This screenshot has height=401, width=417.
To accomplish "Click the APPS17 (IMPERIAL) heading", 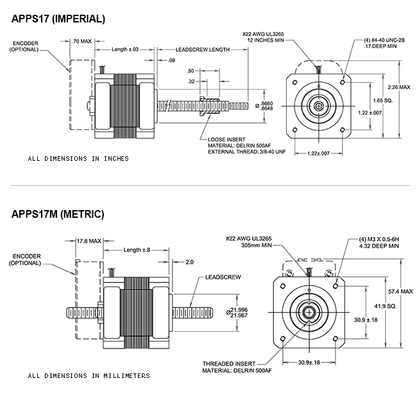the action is point(58,19).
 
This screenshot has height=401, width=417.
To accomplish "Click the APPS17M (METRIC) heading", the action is point(58,214).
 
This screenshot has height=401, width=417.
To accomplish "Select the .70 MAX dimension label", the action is point(81,41).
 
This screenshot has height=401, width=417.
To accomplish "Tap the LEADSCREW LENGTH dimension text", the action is point(202,50).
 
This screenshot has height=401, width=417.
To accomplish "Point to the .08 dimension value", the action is point(171,60).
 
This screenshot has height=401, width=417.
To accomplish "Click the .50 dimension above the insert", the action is point(190,71).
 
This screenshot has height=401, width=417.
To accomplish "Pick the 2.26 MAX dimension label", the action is point(399,87).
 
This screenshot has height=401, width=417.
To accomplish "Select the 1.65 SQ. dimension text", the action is point(383,101).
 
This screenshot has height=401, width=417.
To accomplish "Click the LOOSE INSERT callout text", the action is point(226,140).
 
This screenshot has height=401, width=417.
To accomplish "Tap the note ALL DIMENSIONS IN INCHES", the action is point(78,158).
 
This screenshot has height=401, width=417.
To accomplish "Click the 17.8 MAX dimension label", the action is point(89,241).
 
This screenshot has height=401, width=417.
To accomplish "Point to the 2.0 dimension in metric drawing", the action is point(189,262).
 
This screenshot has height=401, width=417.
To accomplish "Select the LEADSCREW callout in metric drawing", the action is point(223,277).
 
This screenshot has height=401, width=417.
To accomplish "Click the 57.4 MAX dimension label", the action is point(400,291).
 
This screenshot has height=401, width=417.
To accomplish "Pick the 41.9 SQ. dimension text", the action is point(386,306).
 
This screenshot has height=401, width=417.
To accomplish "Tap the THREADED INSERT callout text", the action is point(229,364).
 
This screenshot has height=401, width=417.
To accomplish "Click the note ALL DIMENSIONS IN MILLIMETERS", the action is point(89,376).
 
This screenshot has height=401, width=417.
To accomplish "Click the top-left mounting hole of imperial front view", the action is point(294,83).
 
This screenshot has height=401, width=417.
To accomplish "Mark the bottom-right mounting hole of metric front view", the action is point(336,339).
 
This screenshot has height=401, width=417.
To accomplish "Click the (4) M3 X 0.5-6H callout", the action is point(379,240).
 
